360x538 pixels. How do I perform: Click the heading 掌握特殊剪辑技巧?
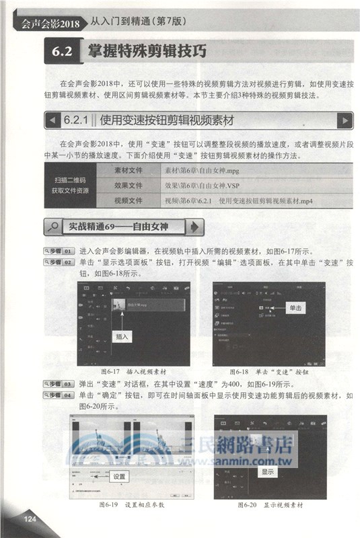click(x=143, y=52)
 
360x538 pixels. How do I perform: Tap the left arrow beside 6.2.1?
click(x=52, y=121)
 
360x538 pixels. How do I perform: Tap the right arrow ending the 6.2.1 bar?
click(x=345, y=121)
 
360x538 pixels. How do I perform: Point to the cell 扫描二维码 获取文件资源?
click(x=69, y=186)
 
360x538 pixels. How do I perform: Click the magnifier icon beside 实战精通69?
click(x=53, y=227)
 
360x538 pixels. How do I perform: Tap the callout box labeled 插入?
click(x=122, y=336)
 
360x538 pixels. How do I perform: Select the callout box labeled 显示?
click(x=267, y=472)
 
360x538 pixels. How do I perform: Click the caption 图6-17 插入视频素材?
click(x=133, y=371)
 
